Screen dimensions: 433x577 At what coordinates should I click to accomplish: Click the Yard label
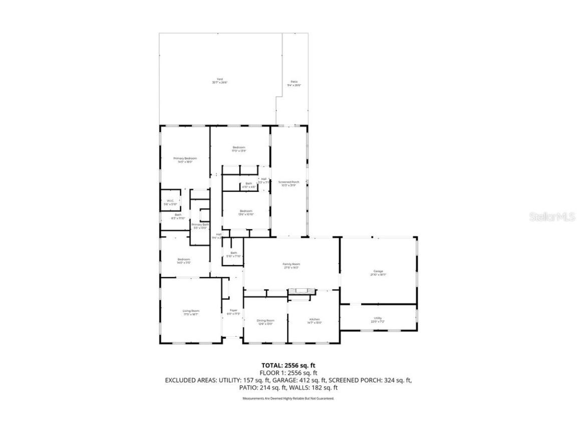pos(219,79)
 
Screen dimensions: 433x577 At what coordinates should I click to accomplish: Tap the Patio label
pos(294,82)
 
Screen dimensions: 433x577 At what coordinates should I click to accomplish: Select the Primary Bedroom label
pos(185,158)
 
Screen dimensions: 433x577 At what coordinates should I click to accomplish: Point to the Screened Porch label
pos(288,182)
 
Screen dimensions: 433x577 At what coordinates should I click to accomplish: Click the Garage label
pos(378,271)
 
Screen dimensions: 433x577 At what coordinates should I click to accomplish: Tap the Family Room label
pos(291,264)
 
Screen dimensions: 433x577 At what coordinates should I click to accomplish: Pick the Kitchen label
pos(315,320)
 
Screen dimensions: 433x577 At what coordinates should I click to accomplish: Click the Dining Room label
pos(265,320)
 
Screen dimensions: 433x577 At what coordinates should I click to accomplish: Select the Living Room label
pos(191,311)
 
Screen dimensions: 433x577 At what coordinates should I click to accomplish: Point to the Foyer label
pos(233,311)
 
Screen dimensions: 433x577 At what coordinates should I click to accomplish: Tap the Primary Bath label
pos(200,225)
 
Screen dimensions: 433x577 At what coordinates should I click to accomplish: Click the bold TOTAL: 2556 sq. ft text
pos(288,365)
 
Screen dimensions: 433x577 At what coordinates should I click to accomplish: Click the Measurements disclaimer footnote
pos(288,398)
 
